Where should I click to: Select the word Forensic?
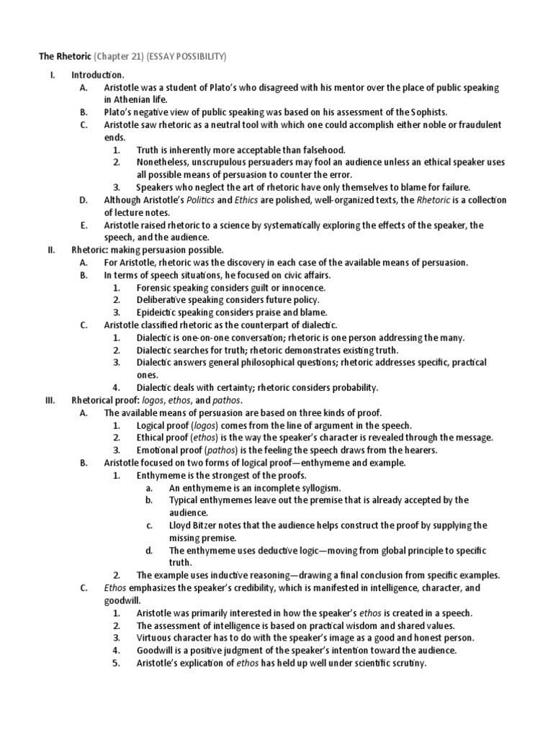point(157,287)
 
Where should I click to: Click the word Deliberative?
point(163,299)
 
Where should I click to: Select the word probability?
point(353,387)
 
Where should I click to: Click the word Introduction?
point(97,74)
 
